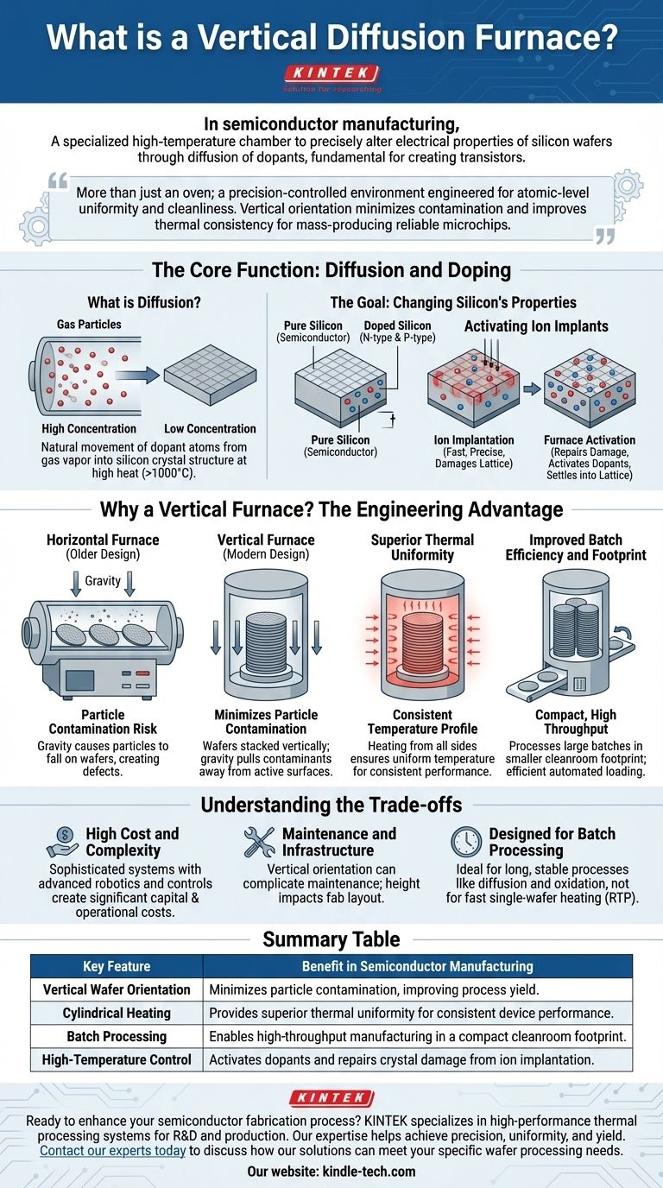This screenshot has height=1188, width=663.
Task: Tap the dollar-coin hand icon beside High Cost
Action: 63,842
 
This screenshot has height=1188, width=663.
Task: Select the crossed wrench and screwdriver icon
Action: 259,842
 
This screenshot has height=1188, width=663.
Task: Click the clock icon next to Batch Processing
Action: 466,842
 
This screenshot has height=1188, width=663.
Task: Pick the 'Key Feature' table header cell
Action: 117,966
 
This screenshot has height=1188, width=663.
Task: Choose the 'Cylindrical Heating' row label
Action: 117,1013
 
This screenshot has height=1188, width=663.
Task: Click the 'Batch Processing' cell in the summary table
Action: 117,1036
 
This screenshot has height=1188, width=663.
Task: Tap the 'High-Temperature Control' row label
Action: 117,1059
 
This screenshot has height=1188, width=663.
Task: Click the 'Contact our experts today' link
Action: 113,1150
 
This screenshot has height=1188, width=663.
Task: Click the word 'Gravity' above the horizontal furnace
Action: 103,581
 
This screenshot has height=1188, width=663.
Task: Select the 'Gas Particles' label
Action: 89,324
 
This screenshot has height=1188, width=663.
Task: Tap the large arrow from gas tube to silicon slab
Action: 138,375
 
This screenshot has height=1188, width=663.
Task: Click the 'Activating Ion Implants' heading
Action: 536,326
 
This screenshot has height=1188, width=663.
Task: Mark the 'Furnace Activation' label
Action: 590,439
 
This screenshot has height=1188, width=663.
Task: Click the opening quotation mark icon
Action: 58,181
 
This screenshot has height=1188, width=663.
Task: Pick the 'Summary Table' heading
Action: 331,939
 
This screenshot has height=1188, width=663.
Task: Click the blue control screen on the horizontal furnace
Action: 79,680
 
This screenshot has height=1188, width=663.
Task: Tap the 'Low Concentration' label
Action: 210,428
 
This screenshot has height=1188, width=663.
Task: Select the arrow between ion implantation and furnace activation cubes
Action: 532,389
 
